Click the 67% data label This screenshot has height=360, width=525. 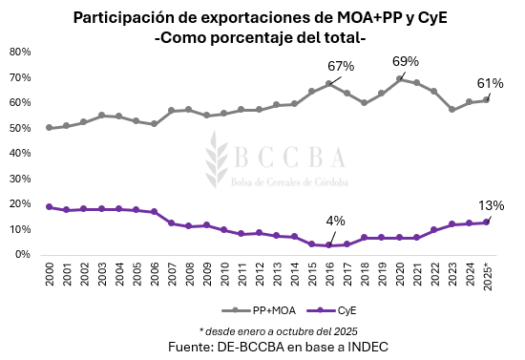click(341, 66)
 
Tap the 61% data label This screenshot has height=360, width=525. click(490, 83)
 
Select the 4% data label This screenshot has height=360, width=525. click(337, 222)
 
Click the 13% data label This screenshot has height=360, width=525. click(492, 205)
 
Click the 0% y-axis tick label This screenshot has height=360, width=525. click(24, 255)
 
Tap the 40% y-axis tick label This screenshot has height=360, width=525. click(21, 153)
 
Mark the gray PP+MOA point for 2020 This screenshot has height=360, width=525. click(399, 78)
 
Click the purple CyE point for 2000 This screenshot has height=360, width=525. click(49, 206)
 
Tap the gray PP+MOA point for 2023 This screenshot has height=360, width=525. click(452, 110)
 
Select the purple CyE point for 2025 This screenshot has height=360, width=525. click(487, 222)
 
